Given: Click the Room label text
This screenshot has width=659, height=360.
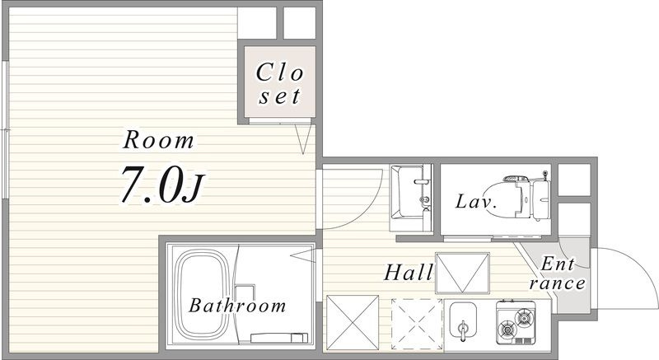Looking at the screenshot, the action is [159, 140].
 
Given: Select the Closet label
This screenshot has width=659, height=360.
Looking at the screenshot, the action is [279, 83].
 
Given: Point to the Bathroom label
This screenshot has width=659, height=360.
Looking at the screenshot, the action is [237, 306].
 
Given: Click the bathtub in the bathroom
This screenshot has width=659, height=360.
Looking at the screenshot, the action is [202, 296].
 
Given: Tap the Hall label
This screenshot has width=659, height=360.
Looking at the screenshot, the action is [409, 273].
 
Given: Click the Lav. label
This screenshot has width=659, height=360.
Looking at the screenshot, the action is [476, 202].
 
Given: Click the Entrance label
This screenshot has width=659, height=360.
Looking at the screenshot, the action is [558, 274].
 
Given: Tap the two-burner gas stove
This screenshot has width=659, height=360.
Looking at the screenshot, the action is [516, 322].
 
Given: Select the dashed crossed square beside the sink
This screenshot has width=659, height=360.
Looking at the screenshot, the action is [417, 324].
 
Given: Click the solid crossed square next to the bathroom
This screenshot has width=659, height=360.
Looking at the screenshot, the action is [353, 322].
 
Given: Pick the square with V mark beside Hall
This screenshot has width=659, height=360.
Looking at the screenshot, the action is [462, 273].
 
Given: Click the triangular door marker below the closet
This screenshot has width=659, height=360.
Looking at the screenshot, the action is [303, 139].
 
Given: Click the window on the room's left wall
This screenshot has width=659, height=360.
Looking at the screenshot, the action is [6, 129].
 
